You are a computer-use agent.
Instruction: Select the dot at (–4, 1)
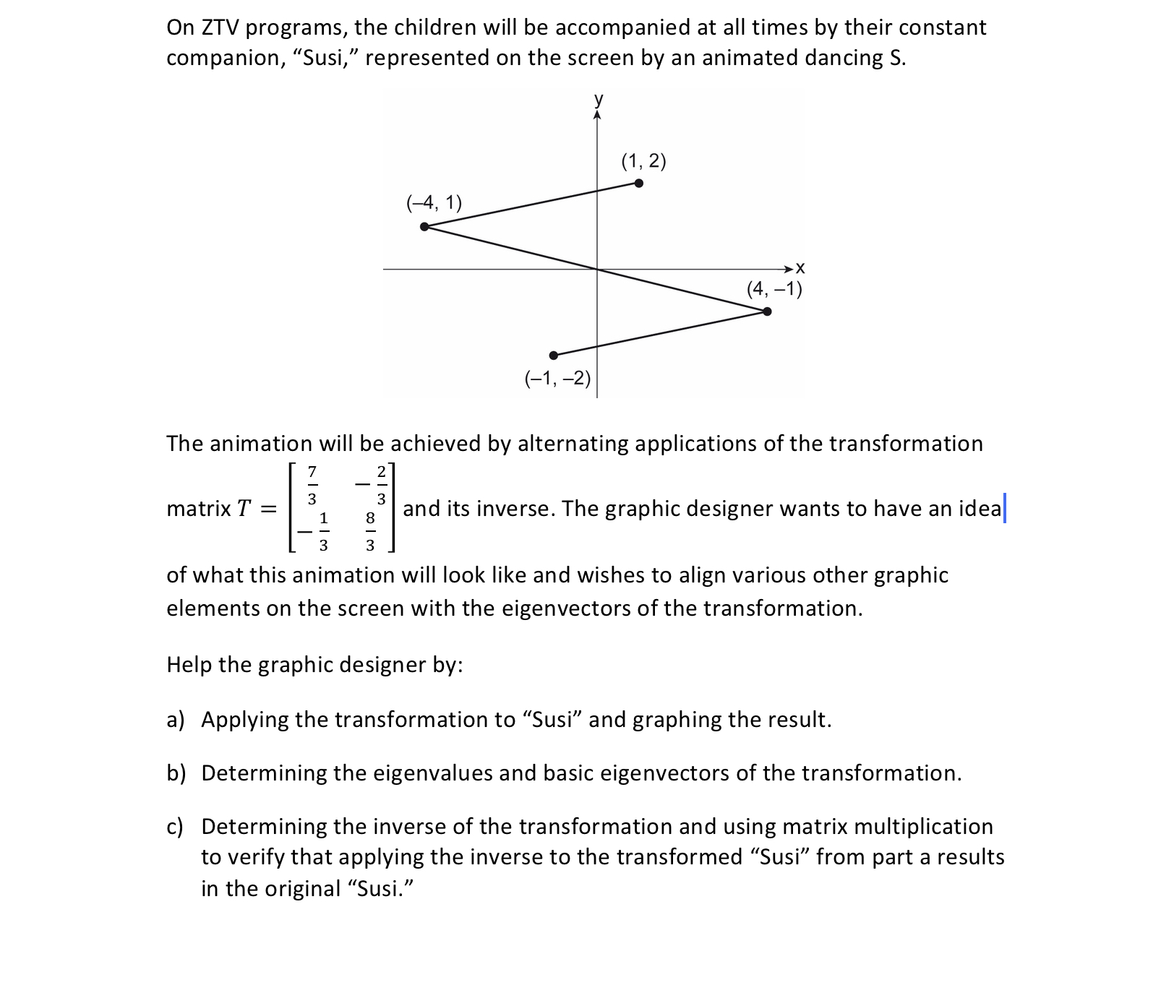(424, 227)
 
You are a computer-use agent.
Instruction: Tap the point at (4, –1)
(767, 311)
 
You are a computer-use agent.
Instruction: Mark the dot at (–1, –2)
(554, 355)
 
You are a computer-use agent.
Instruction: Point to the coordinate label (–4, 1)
(434, 202)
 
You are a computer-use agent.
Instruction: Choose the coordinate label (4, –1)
(774, 290)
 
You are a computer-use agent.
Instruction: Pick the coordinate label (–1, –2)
(557, 377)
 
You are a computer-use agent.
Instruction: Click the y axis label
(598, 99)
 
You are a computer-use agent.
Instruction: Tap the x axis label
(800, 269)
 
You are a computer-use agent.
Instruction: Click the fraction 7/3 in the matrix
(312, 485)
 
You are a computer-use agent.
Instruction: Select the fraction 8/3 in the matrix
(370, 531)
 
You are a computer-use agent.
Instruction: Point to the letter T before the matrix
(244, 509)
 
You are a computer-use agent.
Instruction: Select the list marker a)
(176, 720)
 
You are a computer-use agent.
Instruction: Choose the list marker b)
(176, 773)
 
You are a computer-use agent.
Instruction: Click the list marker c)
(176, 827)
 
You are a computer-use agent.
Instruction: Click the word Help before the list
(189, 665)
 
